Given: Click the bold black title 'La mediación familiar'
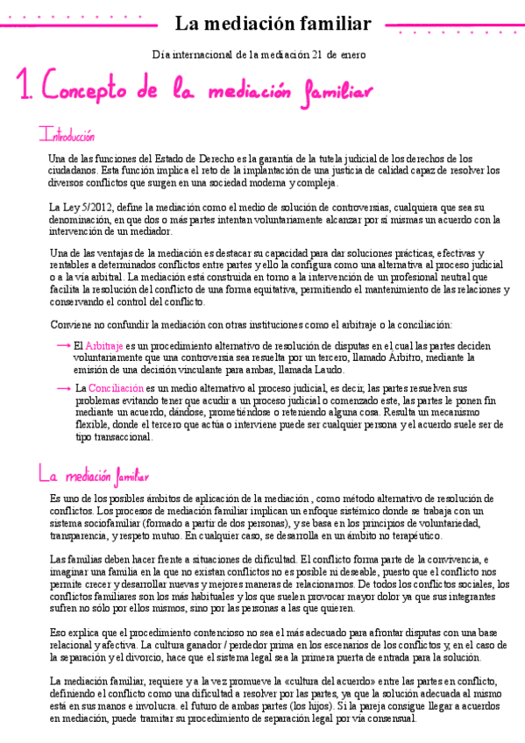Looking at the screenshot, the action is tap(273, 25).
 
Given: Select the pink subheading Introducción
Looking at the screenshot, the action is tap(67, 137).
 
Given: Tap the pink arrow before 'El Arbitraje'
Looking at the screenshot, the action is tap(62, 345).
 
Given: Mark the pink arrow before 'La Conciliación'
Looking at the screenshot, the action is tap(62, 386).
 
